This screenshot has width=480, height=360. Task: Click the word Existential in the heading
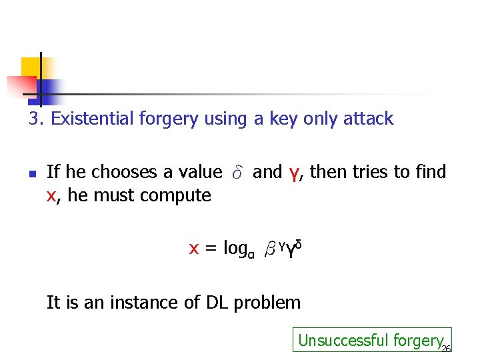[93, 119]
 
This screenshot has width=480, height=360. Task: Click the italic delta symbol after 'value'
[237, 173]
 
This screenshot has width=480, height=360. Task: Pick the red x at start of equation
[194, 249]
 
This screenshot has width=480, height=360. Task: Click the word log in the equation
[235, 249]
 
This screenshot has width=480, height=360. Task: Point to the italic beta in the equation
[269, 250]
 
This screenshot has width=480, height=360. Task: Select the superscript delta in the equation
[299, 245]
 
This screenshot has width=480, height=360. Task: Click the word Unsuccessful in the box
[333, 340]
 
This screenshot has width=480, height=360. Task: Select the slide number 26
[446, 347]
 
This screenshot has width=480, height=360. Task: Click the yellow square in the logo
[31, 67]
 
